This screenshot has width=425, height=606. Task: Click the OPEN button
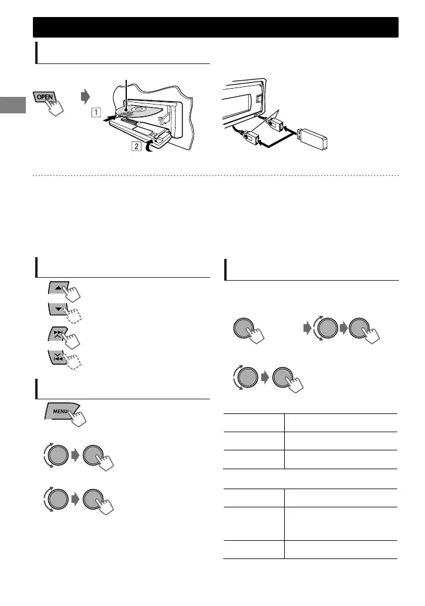click(x=46, y=96)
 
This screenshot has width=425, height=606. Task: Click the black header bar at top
click(x=215, y=27)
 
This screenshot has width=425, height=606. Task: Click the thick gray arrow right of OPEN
click(x=86, y=95)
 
